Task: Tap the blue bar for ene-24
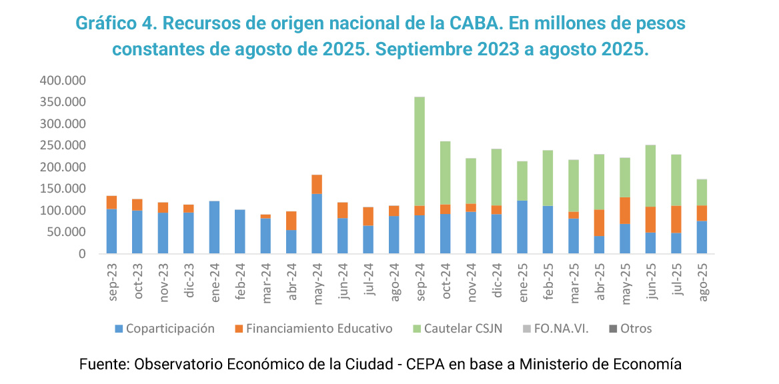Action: (214, 227)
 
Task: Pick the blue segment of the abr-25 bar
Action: (600, 244)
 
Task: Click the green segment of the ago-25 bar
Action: (702, 192)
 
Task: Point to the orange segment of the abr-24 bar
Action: (291, 221)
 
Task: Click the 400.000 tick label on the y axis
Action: (64, 81)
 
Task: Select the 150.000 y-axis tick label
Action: (64, 189)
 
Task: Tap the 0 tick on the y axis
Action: (83, 254)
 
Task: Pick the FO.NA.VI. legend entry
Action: (561, 329)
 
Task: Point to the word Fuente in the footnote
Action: (103, 365)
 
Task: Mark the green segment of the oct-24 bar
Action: (446, 173)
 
